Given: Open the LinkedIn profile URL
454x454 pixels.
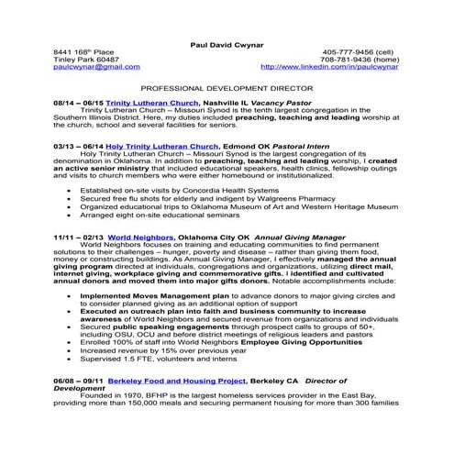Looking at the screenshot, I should [331, 67].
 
